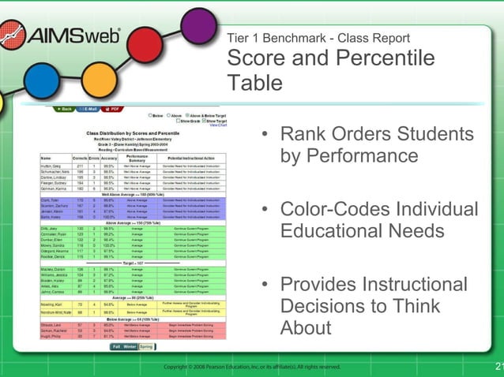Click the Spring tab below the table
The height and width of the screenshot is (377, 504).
(146, 346)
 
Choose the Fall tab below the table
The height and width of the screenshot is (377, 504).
(116, 346)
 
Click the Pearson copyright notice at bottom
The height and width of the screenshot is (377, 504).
(252, 367)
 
